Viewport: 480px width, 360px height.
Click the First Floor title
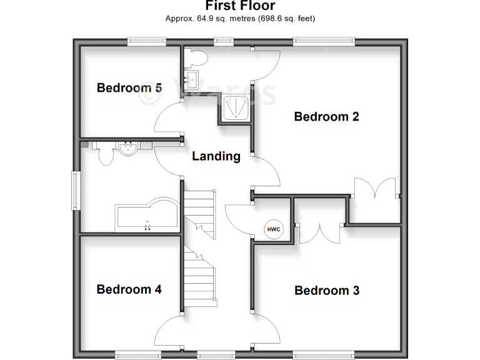click(240, 6)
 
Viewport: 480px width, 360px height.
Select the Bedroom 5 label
click(129, 88)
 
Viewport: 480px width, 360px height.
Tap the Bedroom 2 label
click(326, 116)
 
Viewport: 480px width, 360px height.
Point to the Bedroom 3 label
click(326, 291)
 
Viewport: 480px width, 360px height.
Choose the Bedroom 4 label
click(129, 289)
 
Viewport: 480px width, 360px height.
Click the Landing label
click(216, 156)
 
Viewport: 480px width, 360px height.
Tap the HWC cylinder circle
click(274, 229)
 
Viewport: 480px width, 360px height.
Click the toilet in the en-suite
click(197, 58)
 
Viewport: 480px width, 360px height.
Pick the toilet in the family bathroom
click(106, 154)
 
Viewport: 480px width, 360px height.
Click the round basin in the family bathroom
click(128, 149)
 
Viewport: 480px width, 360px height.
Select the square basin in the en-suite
click(190, 79)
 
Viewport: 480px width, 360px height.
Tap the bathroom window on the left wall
click(75, 191)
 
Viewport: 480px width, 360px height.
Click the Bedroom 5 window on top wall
click(147, 42)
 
